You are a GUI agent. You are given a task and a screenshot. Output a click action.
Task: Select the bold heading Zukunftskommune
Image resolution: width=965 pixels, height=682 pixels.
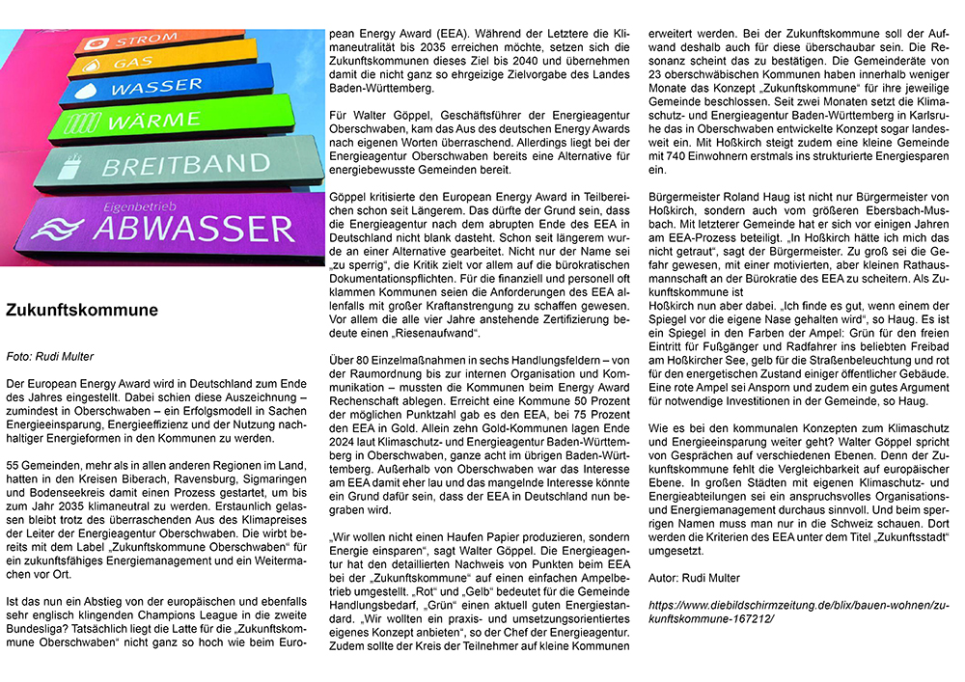click(x=82, y=311)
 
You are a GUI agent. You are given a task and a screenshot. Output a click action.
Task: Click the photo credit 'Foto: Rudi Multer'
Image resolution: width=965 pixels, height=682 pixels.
click(x=49, y=356)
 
